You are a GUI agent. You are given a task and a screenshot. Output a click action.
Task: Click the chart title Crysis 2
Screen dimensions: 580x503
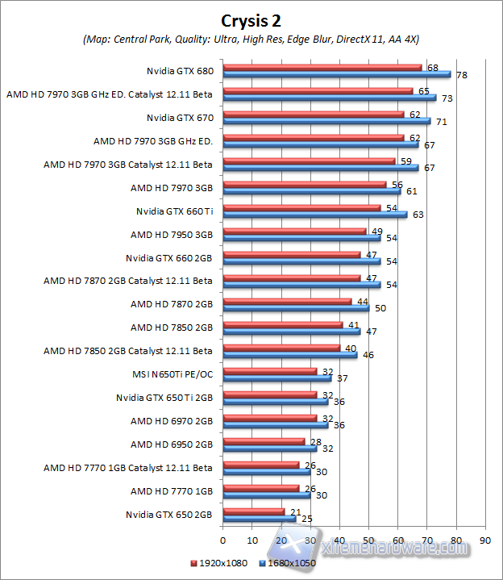[251, 19]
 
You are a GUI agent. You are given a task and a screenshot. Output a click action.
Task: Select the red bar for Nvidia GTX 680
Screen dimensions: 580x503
[322, 67]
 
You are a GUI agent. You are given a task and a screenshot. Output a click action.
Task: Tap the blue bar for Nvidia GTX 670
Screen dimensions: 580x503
[326, 121]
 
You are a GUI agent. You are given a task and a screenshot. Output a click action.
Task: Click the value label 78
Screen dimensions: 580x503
[462, 75]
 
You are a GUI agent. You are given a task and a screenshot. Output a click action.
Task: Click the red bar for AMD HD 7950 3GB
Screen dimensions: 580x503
[294, 232]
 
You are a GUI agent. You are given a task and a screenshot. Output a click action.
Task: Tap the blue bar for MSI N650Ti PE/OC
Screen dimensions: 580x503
[276, 378]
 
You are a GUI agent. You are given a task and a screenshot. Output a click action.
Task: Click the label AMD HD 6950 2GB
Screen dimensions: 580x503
[172, 444]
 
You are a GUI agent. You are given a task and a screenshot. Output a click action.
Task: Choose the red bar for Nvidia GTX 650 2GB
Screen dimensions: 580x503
[253, 511]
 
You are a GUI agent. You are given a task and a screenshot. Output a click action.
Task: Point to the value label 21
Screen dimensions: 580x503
[295, 511]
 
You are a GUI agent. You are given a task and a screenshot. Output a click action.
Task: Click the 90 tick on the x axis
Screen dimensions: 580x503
[484, 540]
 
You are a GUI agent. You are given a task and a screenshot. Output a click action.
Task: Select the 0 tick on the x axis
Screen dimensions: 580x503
[222, 540]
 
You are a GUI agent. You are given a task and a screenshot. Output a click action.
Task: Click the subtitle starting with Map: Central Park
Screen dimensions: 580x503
[251, 39]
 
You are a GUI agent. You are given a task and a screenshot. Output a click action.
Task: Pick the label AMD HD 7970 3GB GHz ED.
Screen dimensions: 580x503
[153, 141]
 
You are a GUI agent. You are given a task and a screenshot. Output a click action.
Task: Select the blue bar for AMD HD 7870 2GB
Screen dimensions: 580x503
[296, 308]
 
